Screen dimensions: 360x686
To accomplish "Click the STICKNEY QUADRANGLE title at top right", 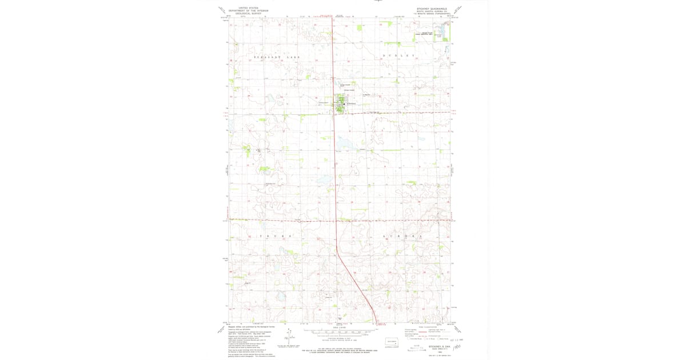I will click(x=433, y=9).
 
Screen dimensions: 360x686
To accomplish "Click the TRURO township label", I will click(x=277, y=236).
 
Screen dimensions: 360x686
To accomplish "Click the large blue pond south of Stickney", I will click(x=346, y=143).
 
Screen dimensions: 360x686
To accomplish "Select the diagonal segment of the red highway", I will click(x=354, y=280).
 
